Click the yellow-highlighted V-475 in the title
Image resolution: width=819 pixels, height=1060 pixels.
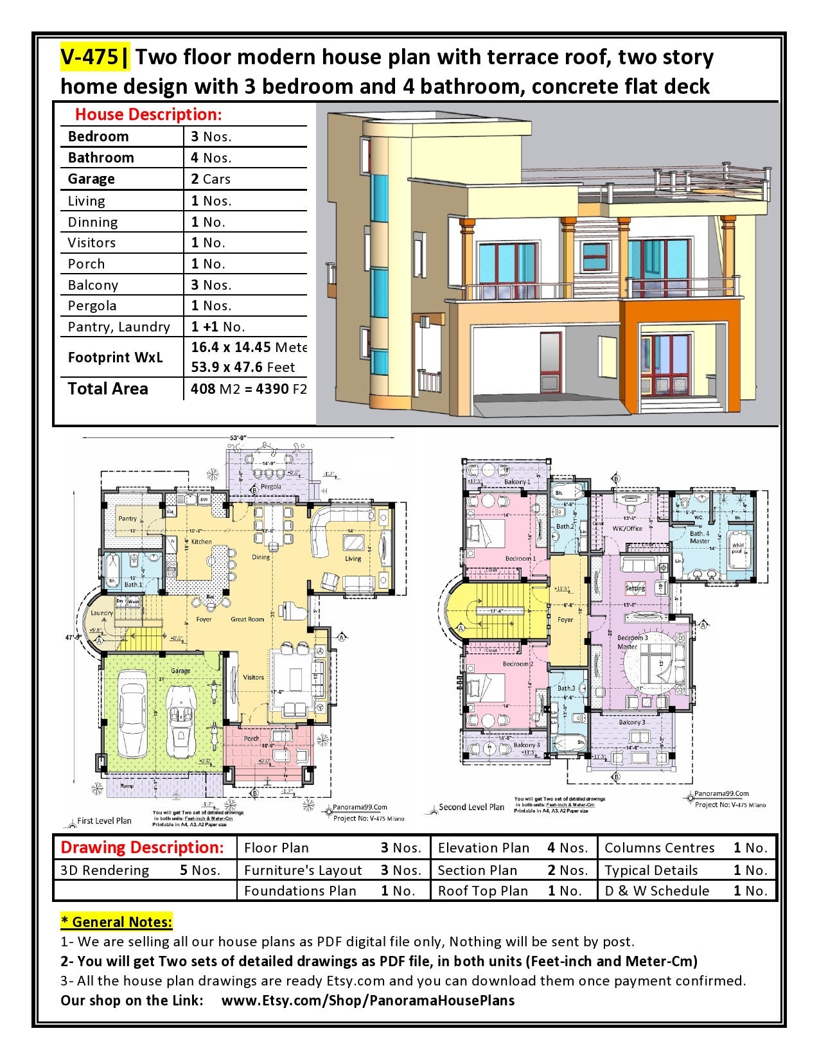pos(90,57)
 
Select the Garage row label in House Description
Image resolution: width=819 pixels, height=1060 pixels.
pos(91,179)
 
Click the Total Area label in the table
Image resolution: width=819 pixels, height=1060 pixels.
pos(107,389)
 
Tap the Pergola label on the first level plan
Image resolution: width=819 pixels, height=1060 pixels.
pos(271,486)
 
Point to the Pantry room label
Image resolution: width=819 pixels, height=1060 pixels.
pos(127,518)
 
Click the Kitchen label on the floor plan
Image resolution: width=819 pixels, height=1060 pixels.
pos(201,542)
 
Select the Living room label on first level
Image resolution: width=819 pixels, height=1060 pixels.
pos(353,559)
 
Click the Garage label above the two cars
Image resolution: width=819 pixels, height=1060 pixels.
pos(181,671)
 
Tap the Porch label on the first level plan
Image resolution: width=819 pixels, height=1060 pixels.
pos(251,738)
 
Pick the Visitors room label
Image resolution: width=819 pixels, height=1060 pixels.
pos(253,677)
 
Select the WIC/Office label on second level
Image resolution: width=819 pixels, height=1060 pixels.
pos(628,528)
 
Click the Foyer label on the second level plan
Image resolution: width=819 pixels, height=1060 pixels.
pos(565,620)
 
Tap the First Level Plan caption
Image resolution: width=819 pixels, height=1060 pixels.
pos(104,820)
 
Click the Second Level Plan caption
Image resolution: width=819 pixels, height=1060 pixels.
pos(471,807)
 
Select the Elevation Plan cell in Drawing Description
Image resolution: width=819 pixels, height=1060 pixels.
pos(483,848)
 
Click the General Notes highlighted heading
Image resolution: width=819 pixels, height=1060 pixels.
pos(116,922)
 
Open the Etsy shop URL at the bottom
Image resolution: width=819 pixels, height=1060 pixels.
pos(367,1000)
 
